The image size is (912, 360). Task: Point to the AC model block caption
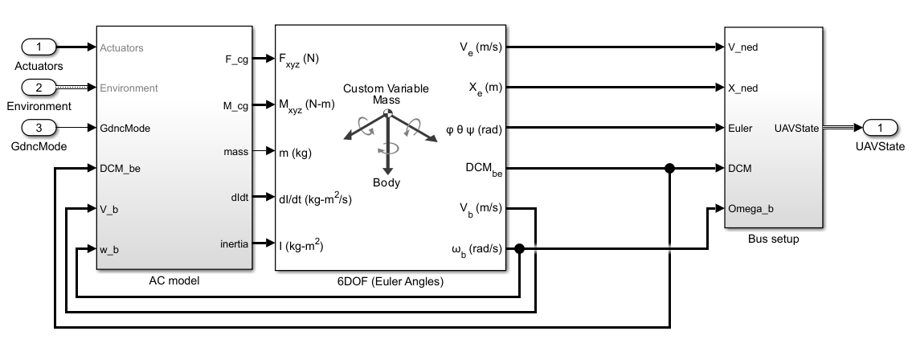[174, 280]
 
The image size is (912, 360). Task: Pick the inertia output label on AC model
[234, 243]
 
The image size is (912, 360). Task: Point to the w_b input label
[110, 249]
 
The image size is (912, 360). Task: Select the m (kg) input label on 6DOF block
[295, 152]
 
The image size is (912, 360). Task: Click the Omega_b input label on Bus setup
[750, 209]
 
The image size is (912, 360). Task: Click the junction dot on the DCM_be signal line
[669, 169]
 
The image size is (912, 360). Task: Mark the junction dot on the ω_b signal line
[520, 249]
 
